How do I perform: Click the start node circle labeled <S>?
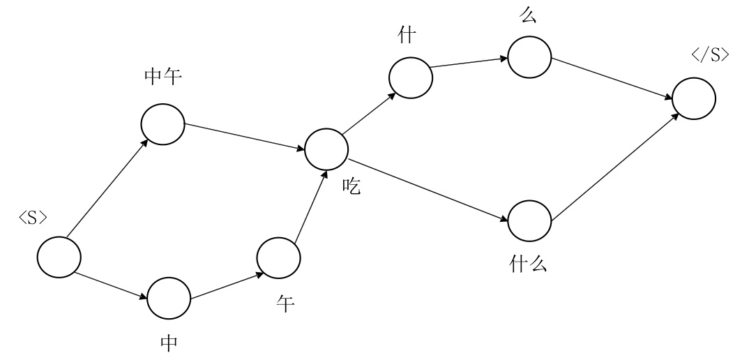(58, 257)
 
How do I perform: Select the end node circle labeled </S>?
(693, 98)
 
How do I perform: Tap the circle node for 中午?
(162, 123)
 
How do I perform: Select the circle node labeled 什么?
(529, 221)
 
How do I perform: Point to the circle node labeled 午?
(278, 257)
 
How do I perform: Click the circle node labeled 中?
(169, 298)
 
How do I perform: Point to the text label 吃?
(351, 187)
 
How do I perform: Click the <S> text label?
(33, 218)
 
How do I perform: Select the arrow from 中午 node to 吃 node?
(244, 136)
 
